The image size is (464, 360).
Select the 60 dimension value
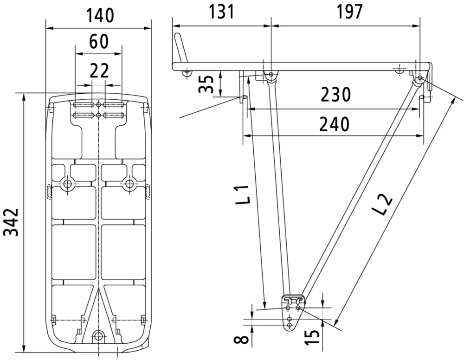(98, 42)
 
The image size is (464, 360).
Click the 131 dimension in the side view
(221, 12)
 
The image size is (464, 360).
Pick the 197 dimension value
(347, 12)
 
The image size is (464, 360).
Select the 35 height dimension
(207, 84)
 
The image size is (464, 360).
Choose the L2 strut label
(383, 204)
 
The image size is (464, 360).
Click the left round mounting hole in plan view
(68, 184)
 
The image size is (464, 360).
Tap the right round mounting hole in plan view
(129, 184)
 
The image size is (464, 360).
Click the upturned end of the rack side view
(180, 46)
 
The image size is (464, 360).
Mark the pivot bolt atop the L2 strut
(419, 78)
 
